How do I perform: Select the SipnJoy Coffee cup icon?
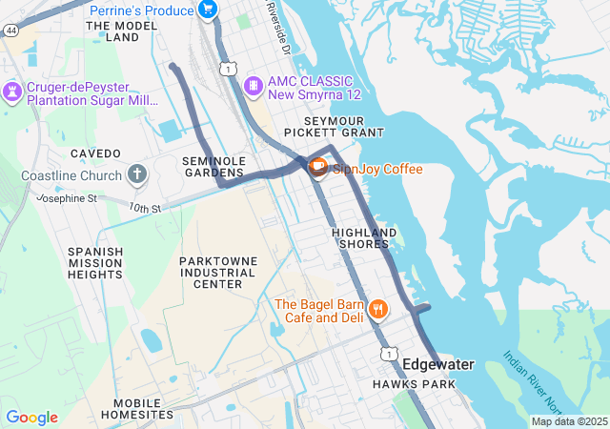(316, 169)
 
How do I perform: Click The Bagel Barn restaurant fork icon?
(378, 310)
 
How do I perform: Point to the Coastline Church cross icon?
(138, 175)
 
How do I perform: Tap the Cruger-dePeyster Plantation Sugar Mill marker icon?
(11, 92)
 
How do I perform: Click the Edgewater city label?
(437, 364)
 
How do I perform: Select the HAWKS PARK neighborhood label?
(414, 384)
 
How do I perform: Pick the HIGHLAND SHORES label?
(364, 238)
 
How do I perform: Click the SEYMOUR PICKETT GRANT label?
(345, 126)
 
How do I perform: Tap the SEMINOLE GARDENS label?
(214, 166)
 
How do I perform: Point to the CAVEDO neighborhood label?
(95, 153)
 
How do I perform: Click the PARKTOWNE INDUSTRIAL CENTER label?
(217, 272)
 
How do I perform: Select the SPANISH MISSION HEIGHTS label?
(95, 262)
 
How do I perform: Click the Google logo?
(31, 418)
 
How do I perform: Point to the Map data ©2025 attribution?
(569, 421)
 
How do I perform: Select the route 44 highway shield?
(10, 31)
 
